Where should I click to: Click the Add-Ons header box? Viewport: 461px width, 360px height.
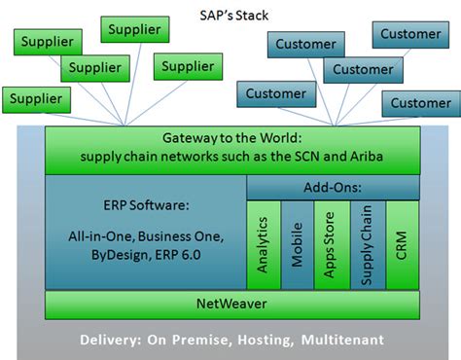point(333,185)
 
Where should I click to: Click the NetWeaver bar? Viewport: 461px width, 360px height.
point(232,304)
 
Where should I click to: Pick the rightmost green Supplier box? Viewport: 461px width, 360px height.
point(188,67)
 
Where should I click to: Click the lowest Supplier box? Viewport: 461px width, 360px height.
point(38,99)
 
